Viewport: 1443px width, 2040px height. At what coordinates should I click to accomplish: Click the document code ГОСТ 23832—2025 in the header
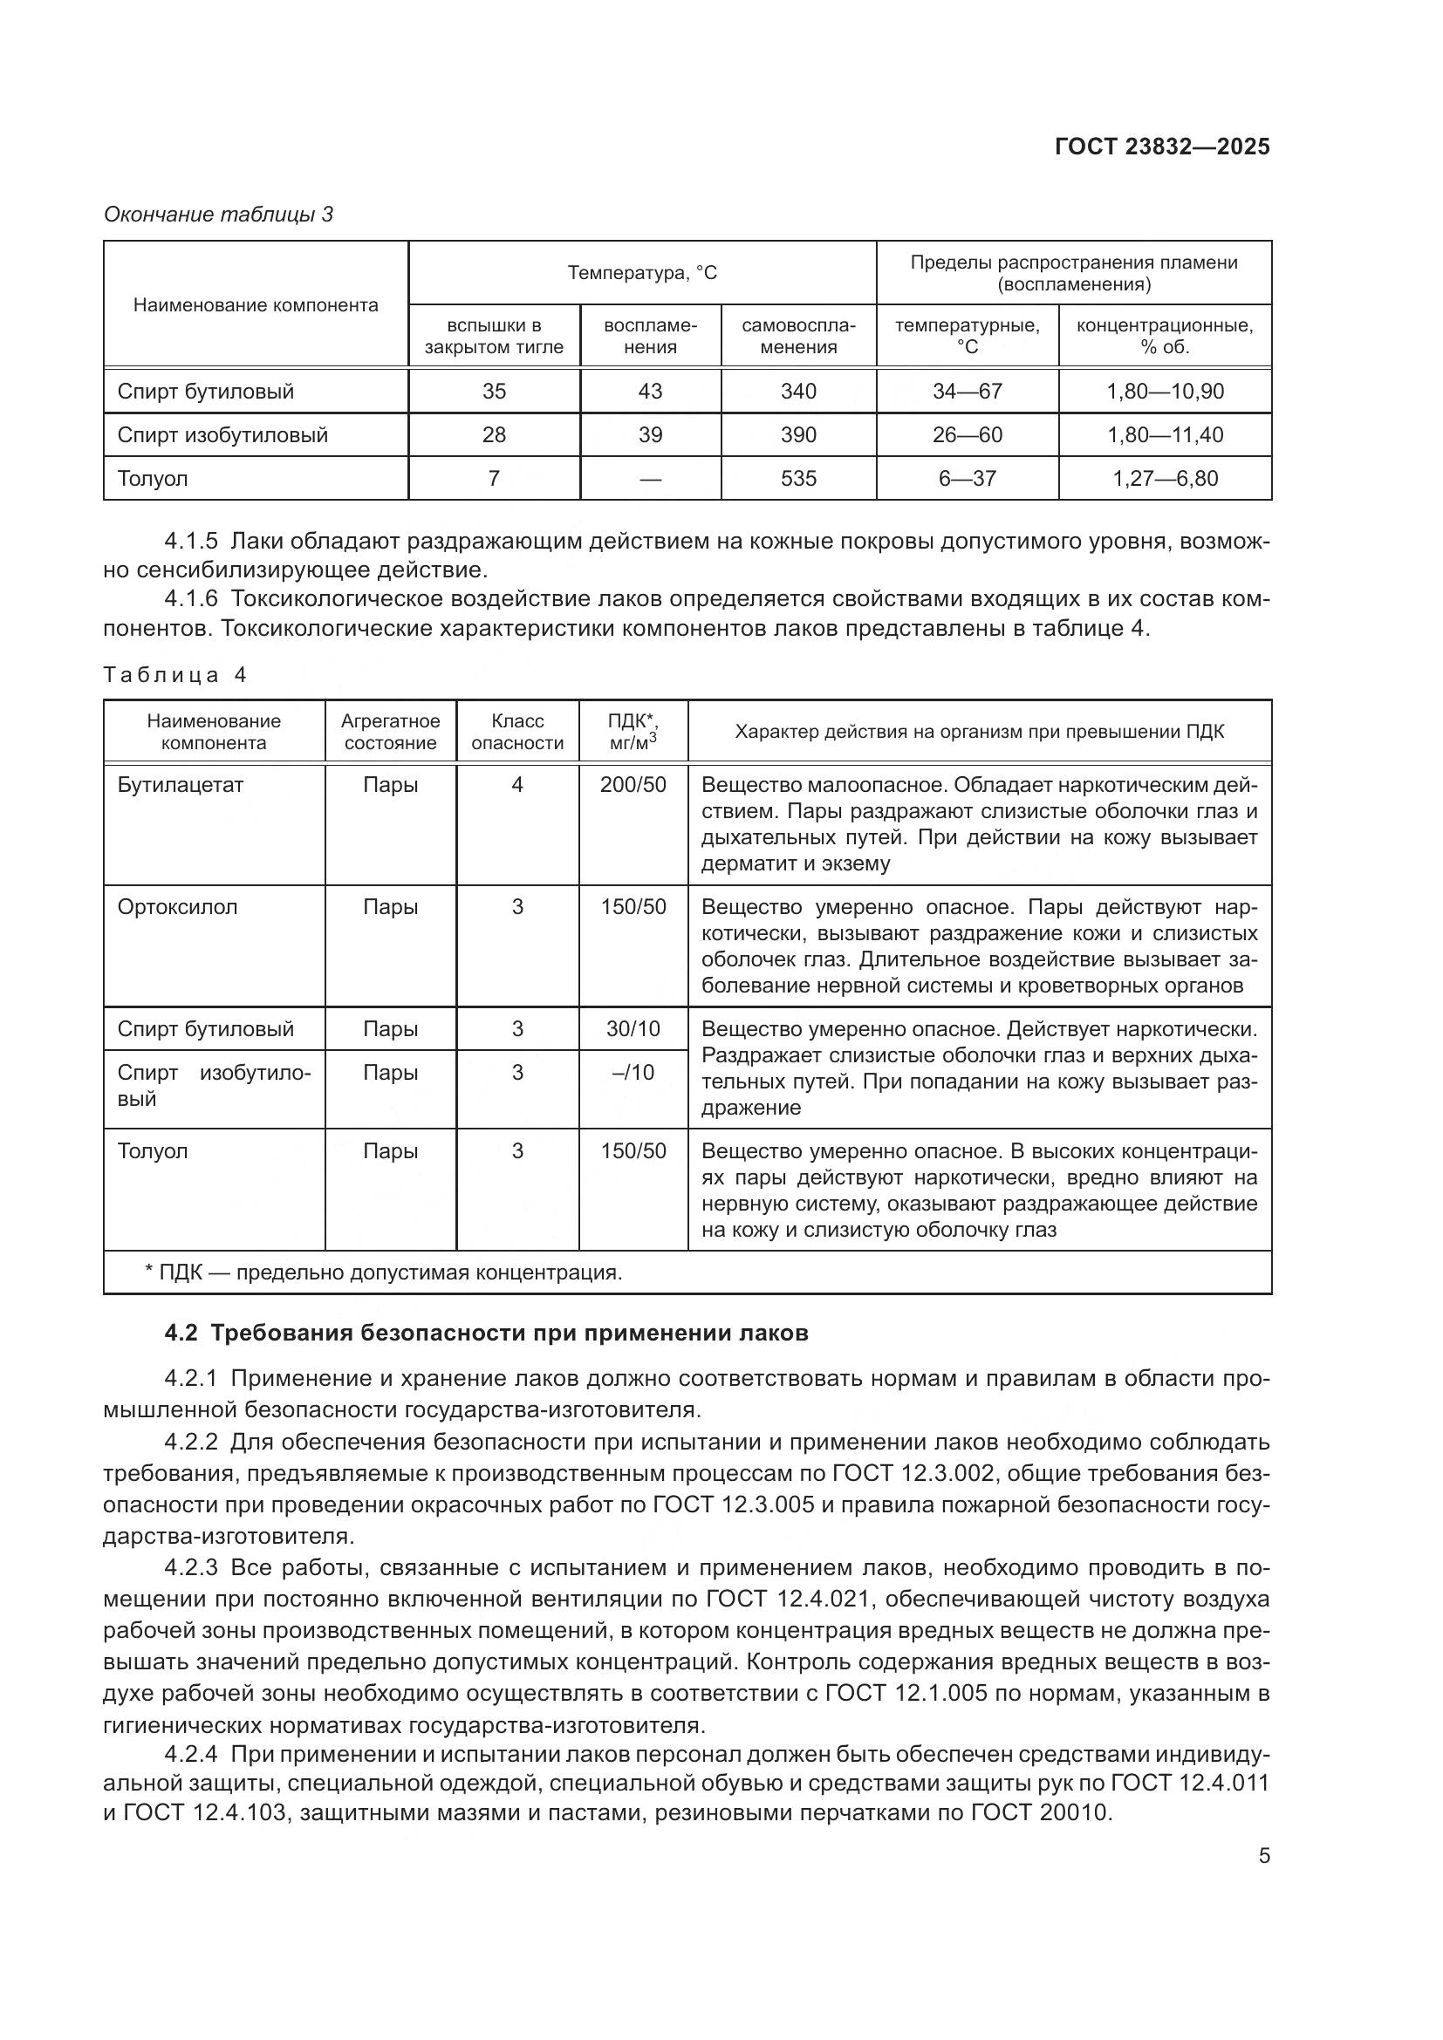(x=1161, y=147)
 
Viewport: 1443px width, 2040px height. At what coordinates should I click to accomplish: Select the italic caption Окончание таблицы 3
(x=219, y=215)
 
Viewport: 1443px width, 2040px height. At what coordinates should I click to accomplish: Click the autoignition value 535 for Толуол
(x=798, y=479)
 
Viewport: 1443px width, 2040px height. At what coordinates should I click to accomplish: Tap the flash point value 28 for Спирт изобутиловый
(x=493, y=435)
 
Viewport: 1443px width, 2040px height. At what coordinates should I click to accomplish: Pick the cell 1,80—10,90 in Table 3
(x=1164, y=392)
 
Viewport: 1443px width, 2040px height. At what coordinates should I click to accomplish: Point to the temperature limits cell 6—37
(x=967, y=479)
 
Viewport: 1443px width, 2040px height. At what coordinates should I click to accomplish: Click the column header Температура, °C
(x=641, y=273)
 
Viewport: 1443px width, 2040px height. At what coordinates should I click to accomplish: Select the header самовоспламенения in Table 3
(x=798, y=337)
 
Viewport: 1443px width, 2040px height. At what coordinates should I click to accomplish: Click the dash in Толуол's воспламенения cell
(x=650, y=480)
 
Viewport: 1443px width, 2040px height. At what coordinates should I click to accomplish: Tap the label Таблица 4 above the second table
(x=174, y=675)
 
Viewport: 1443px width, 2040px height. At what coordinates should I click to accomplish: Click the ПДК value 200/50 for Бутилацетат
(x=633, y=786)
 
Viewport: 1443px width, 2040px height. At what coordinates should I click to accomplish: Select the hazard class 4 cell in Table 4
(x=517, y=786)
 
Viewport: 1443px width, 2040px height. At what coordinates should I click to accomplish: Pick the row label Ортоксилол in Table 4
(x=178, y=907)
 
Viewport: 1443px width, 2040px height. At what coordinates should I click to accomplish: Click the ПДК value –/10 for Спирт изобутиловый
(x=633, y=1073)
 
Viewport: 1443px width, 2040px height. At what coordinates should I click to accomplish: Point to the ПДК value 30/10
(x=633, y=1029)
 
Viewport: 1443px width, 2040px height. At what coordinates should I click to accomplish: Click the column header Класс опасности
(x=517, y=732)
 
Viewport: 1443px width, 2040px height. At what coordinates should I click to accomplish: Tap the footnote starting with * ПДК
(x=383, y=1273)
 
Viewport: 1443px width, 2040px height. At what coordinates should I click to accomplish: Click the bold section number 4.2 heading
(x=486, y=1334)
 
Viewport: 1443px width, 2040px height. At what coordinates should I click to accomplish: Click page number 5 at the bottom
(x=1263, y=1856)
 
